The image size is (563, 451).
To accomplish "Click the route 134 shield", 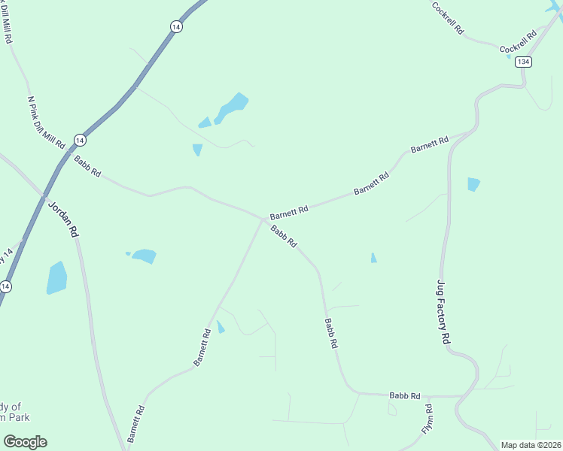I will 524,62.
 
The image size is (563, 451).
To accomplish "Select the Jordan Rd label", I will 63,219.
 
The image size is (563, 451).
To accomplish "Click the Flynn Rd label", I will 428,419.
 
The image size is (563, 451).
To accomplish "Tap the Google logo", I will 25,442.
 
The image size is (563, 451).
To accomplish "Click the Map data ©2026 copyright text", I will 531,445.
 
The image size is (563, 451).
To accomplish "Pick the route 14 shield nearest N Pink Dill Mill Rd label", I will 80,140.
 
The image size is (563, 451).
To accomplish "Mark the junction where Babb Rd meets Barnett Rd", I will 263,219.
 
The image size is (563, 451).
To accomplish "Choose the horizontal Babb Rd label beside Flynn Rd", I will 404,395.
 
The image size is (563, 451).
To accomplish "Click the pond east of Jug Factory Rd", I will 473,184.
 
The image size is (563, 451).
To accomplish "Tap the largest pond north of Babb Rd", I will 232,107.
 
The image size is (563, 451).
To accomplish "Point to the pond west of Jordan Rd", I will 56,277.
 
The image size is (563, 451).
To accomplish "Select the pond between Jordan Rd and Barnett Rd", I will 144,256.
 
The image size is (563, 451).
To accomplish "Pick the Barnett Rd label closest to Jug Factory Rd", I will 430,144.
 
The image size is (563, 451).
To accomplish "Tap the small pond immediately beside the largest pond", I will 205,123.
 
